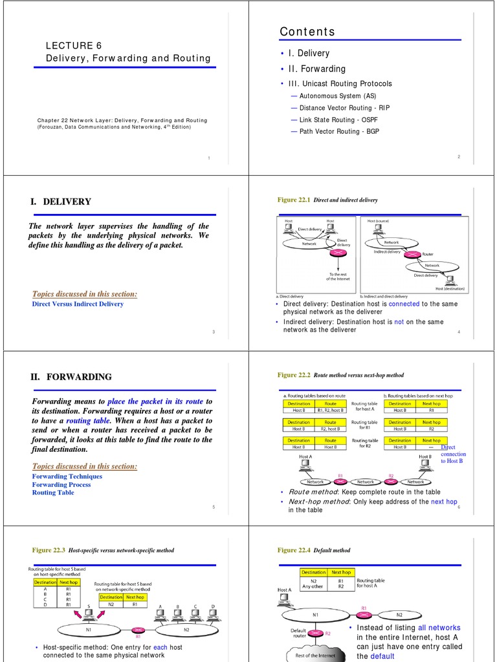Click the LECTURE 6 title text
coord(74,45)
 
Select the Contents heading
coord(307,32)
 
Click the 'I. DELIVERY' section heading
coord(61,202)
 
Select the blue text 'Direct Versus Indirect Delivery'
coord(78,304)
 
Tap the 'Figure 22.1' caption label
coord(294,200)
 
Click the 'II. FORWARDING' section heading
coord(71,377)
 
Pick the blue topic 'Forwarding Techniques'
coord(67,476)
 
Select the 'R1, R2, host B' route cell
coord(330,411)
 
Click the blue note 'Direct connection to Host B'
coord(452,454)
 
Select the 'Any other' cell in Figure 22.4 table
coord(313,587)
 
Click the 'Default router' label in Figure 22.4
coord(298,634)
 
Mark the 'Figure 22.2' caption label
coord(294,375)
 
